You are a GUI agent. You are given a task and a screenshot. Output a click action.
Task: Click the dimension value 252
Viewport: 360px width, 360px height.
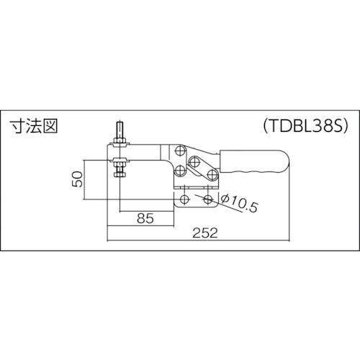[205, 233]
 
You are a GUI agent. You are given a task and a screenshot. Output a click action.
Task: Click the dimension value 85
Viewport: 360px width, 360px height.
[145, 218]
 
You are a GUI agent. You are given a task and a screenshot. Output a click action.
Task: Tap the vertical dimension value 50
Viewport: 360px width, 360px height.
[78, 179]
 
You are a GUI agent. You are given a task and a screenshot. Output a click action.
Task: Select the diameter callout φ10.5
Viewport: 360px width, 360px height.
[239, 203]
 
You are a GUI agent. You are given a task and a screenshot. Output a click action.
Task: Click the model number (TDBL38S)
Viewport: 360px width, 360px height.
[305, 126]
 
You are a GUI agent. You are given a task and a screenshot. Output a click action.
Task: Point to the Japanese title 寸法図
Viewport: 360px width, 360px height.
[34, 126]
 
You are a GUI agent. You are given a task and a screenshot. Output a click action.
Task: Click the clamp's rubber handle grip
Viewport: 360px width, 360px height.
[254, 162]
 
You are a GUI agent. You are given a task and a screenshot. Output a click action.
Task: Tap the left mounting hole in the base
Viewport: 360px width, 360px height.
[184, 199]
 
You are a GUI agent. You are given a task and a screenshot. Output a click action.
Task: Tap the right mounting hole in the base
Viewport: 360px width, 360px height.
[208, 199]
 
